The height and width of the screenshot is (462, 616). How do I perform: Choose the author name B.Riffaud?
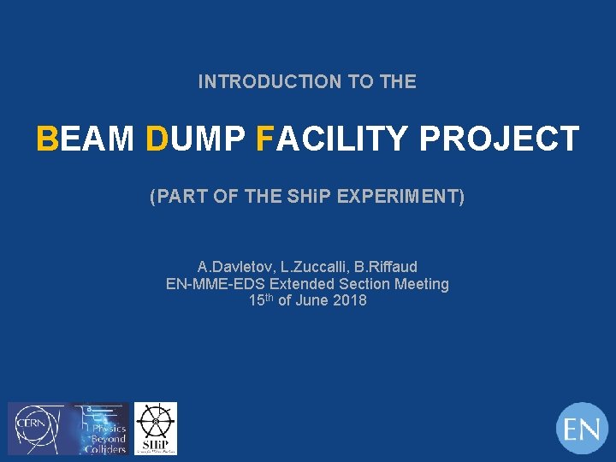[x=384, y=267]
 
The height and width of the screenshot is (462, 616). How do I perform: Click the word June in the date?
[x=311, y=300]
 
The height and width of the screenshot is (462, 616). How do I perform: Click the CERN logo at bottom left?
[x=34, y=428]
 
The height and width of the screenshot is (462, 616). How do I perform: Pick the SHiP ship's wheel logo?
[x=156, y=428]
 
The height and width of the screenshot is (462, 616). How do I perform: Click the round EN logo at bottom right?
[x=582, y=428]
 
